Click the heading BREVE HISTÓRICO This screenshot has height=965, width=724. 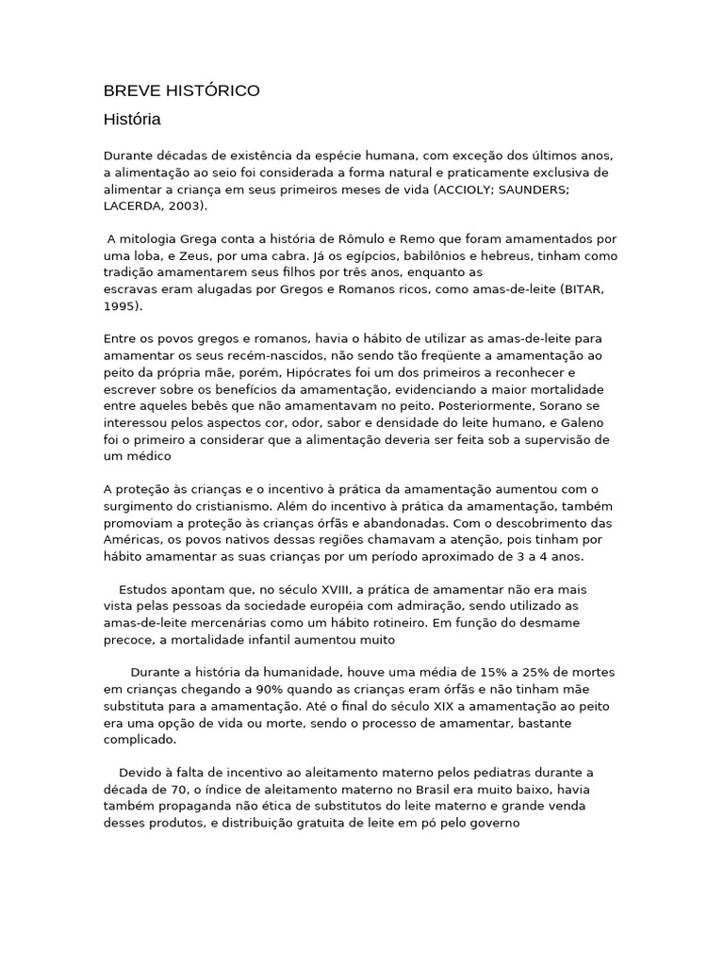click(181, 90)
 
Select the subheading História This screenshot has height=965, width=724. click(132, 120)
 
